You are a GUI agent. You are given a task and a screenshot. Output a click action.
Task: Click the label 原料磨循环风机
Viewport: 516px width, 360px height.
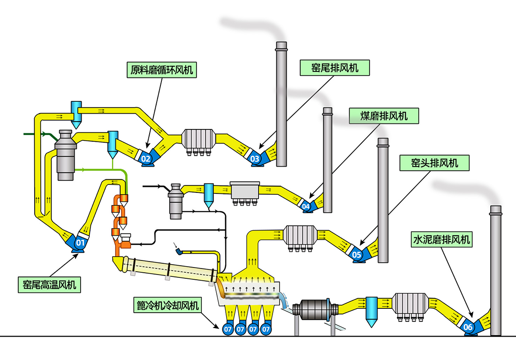click(162, 70)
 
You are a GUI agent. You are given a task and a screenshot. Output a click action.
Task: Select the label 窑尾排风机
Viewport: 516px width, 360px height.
click(335, 68)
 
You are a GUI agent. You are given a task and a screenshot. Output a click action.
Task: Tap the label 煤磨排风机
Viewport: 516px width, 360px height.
click(384, 116)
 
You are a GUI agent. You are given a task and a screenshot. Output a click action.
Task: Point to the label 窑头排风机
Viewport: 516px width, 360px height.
click(434, 163)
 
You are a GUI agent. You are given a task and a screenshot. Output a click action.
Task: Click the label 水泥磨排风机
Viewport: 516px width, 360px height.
click(441, 240)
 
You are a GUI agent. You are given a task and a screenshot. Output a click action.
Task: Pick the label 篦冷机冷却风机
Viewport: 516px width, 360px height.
click(167, 306)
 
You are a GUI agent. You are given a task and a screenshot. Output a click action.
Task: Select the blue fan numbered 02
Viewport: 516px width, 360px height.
click(146, 159)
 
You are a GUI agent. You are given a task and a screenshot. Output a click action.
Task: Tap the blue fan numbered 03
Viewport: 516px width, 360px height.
click(255, 159)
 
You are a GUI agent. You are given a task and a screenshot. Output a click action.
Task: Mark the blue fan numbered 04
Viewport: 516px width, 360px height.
click(306, 206)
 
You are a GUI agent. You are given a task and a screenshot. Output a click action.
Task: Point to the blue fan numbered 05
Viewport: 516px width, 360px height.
click(357, 255)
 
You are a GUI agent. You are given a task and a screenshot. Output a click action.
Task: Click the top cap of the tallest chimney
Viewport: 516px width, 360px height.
click(281, 46)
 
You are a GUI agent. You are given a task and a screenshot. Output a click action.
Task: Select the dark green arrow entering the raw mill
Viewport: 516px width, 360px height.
click(42, 135)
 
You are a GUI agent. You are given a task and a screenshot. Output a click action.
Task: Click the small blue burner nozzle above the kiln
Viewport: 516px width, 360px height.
click(180, 252)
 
